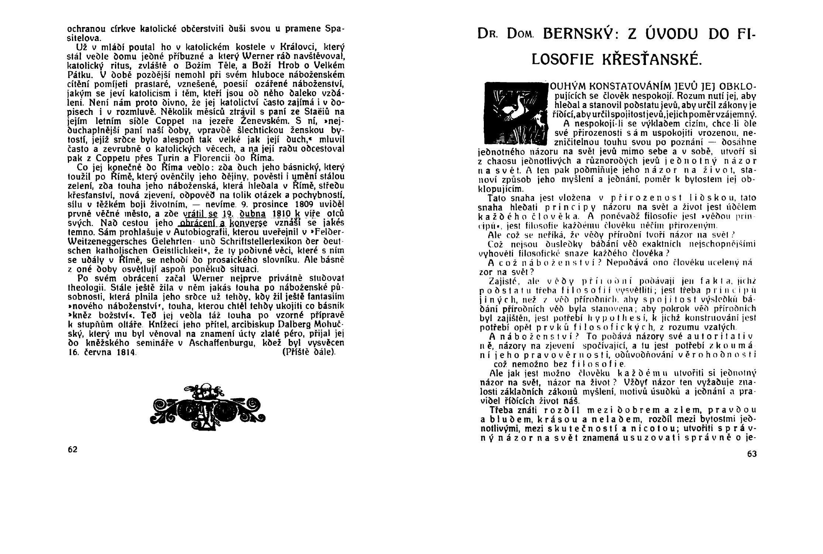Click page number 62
[72, 449]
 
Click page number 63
[752, 454]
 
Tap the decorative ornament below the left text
[208, 405]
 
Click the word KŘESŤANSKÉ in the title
[651, 59]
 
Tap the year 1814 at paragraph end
[125, 352]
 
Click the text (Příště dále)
[309, 352]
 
